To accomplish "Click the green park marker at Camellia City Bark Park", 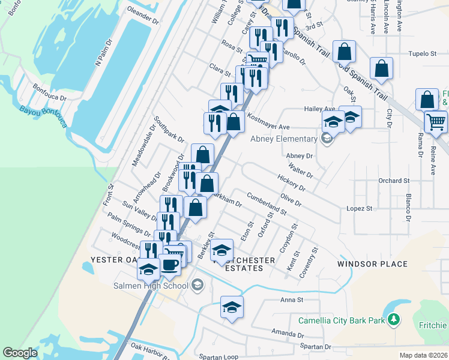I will (394, 320).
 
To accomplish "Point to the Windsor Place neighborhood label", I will (372, 264).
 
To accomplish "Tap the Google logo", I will (20, 353).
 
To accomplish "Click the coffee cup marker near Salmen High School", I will (169, 265).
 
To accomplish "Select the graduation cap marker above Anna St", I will (232, 307).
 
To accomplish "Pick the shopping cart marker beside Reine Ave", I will (436, 122).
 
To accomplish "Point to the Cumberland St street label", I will (267, 204).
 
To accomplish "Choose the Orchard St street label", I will (393, 180).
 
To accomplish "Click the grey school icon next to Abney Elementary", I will (326, 140).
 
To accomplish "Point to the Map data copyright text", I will (423, 355).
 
